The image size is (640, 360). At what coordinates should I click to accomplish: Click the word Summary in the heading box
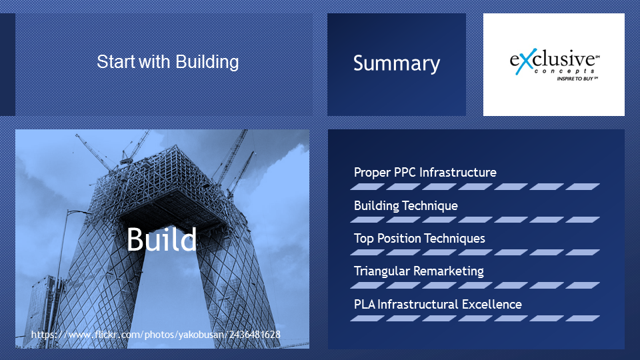click(x=396, y=64)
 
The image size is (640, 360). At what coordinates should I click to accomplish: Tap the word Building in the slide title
click(x=207, y=63)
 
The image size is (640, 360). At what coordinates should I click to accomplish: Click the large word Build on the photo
click(x=161, y=239)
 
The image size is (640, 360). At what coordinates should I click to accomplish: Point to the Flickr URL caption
click(x=155, y=335)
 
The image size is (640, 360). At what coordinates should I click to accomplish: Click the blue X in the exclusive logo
click(x=524, y=61)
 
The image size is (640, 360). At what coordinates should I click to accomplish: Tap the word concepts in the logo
click(x=565, y=71)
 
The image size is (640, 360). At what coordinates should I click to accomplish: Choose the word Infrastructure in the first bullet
click(x=457, y=172)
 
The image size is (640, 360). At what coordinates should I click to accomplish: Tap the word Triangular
click(x=381, y=271)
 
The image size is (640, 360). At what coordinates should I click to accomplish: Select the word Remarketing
click(x=448, y=271)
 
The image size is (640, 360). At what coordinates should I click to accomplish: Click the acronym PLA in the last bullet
click(x=364, y=305)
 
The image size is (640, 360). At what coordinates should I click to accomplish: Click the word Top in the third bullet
click(x=364, y=239)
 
